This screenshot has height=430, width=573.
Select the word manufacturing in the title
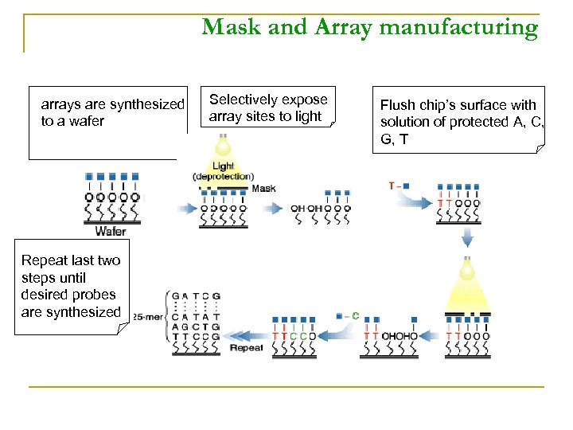(x=459, y=28)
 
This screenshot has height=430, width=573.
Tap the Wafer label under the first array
(x=111, y=232)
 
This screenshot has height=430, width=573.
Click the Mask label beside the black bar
(x=263, y=189)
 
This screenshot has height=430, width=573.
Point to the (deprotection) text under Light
(x=223, y=176)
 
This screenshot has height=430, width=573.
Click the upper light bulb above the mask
(x=224, y=147)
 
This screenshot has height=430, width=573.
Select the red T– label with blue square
(x=399, y=186)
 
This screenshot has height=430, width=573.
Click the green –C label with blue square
(x=347, y=316)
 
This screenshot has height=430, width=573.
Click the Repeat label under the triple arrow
(x=246, y=348)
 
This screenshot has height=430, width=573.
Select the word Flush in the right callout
(x=397, y=105)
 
